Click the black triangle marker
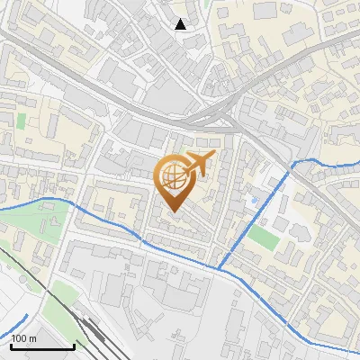(x=181, y=24)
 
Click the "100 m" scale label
(x=23, y=338)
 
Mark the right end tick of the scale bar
(x=74, y=346)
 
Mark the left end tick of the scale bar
(x=11, y=346)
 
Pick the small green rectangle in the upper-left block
(x=22, y=120)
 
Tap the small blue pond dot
(x=256, y=199)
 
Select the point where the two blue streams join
(x=219, y=268)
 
